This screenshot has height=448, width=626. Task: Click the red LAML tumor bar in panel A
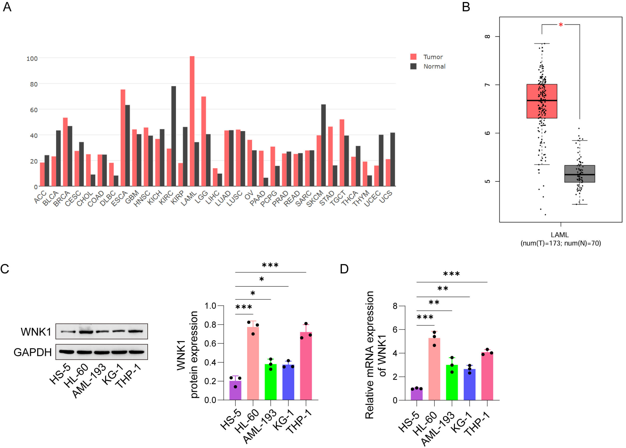[192, 121]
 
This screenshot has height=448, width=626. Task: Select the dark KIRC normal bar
[173, 136]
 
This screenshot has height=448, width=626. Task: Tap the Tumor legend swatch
[413, 57]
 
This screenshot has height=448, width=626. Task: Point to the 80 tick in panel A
[34, 84]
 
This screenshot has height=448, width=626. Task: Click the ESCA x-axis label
[119, 198]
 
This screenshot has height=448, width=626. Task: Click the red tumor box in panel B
[542, 101]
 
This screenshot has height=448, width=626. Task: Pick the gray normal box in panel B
[579, 174]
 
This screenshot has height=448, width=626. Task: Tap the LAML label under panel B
[560, 235]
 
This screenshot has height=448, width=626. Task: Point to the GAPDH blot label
[32, 352]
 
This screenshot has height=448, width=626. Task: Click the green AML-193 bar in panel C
[270, 382]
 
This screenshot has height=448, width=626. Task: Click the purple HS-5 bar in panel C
[235, 390]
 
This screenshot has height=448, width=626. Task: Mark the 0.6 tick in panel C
[210, 343]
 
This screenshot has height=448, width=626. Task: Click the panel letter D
[344, 269]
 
